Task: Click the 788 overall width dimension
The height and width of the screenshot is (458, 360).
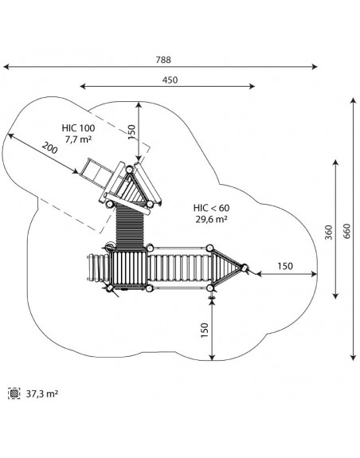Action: tap(163, 60)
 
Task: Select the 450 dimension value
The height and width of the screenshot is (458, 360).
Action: tap(170, 80)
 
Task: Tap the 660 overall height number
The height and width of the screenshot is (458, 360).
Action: tap(346, 231)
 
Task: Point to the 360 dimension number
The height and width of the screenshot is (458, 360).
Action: tap(329, 233)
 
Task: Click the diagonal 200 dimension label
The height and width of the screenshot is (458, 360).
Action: tap(50, 148)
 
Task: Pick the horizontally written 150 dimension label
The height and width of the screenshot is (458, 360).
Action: tap(284, 266)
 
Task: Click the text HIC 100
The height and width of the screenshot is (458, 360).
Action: tap(78, 128)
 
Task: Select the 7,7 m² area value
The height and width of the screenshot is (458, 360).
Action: tap(78, 139)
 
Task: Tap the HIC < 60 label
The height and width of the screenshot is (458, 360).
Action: tap(211, 208)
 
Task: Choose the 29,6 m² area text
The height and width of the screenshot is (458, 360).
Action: tap(211, 219)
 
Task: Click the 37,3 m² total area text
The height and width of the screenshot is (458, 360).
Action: tap(42, 393)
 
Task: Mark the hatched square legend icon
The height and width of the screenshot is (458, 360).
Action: tap(14, 393)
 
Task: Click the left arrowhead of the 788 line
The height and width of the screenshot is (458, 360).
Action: tap(6, 67)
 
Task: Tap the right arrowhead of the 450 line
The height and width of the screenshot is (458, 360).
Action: tap(252, 86)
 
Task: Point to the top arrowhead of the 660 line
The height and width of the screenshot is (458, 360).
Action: tap(354, 101)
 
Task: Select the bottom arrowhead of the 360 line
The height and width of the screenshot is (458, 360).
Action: tap(336, 296)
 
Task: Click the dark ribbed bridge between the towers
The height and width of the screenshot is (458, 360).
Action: tap(130, 226)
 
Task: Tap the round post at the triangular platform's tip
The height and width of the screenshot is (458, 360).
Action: tap(244, 268)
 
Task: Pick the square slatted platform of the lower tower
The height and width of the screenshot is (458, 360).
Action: tap(129, 268)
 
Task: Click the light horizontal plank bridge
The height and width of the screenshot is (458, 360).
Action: tap(179, 268)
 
